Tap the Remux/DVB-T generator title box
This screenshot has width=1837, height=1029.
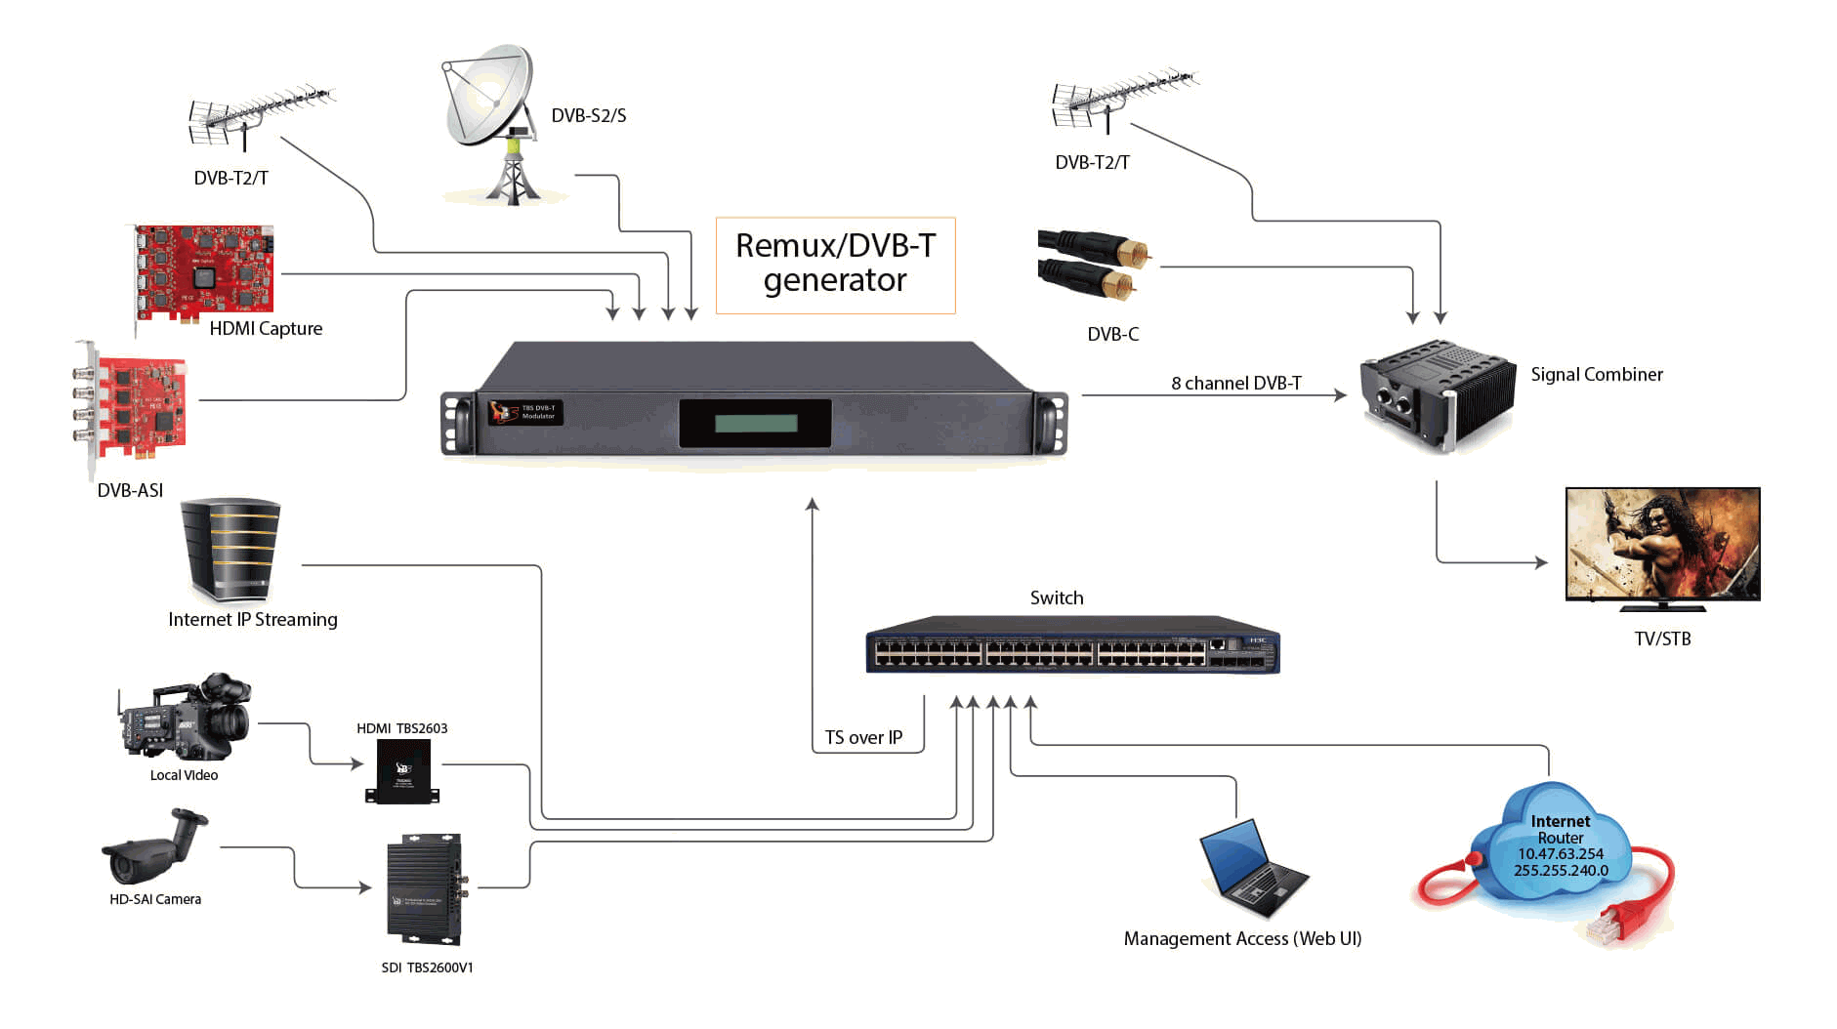tap(835, 265)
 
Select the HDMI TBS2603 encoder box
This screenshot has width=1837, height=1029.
tap(402, 771)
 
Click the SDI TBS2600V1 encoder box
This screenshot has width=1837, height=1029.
tap(426, 889)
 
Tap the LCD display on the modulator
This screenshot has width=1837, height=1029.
tap(756, 423)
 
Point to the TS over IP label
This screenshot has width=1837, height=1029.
tap(863, 738)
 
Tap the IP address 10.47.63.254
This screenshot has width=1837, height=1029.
tap(1561, 854)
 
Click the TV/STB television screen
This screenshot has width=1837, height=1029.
tap(1662, 545)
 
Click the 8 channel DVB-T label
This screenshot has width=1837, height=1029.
tap(1235, 384)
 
